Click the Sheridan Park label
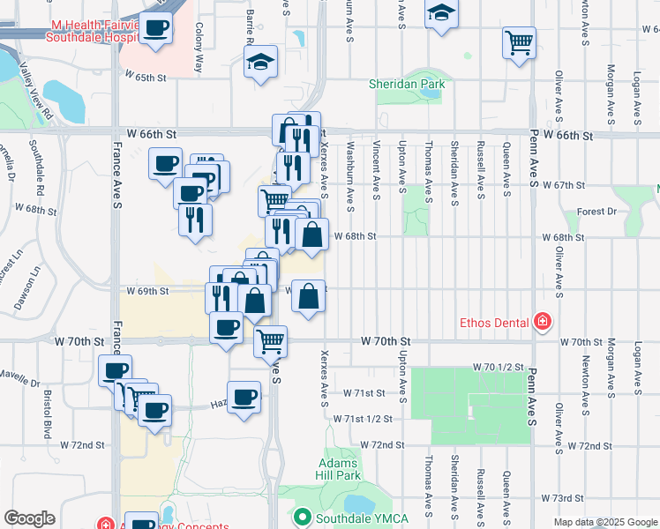coord(407,86)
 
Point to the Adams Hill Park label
coord(339,469)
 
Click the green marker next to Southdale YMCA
coord(303,517)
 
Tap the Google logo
coord(29,518)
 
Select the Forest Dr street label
coord(596,212)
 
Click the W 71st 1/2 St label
coord(362,418)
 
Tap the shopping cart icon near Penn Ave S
coord(520,41)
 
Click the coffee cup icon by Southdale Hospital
coord(156,27)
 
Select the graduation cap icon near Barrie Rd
coord(260,62)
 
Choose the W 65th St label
coord(146,78)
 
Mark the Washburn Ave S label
coord(350,176)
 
